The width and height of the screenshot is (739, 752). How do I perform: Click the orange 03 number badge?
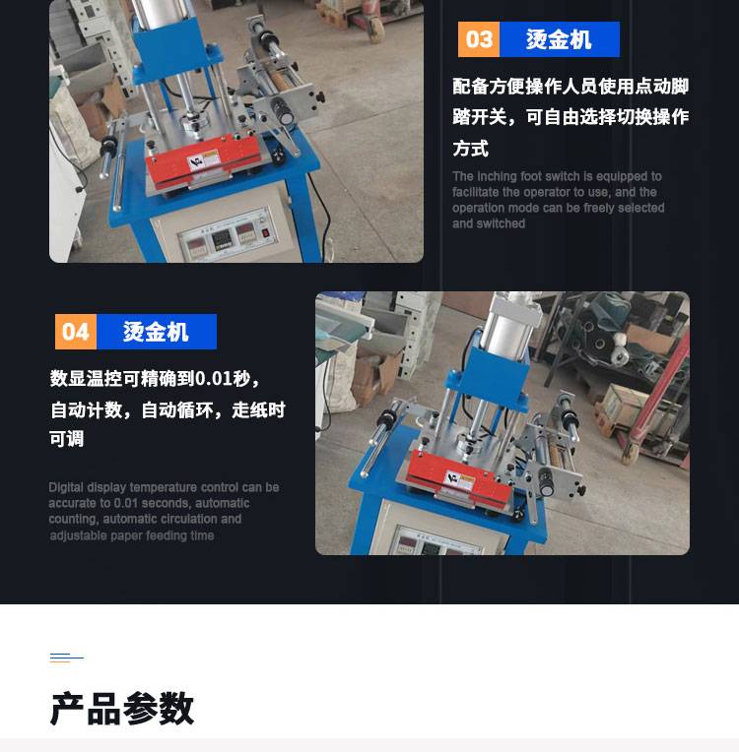point(478,39)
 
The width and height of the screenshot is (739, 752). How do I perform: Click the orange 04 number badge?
point(76,332)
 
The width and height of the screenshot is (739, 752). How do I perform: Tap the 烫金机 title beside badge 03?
point(559,39)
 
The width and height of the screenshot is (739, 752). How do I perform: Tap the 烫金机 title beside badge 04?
point(156,332)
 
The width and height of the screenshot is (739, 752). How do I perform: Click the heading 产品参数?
point(122,709)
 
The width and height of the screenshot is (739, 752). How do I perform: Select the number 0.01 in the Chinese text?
point(214,379)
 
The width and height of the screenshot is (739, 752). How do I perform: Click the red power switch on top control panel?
point(265,233)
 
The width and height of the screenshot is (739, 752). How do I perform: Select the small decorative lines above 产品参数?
point(67,658)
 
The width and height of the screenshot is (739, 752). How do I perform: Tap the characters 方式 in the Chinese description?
point(471,149)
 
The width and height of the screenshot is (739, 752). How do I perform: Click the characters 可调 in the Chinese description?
point(67,438)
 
